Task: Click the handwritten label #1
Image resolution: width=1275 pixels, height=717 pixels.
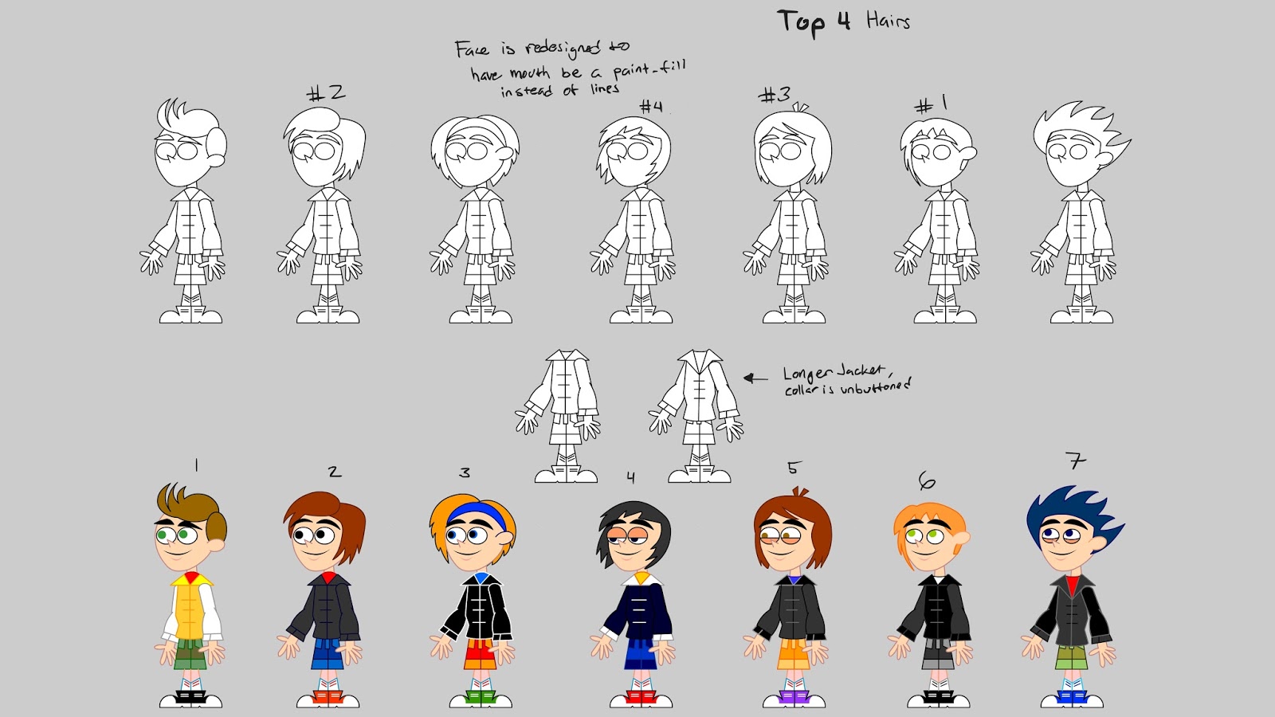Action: pyautogui.click(x=932, y=104)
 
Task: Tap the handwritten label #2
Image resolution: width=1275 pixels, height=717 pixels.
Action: pyautogui.click(x=326, y=92)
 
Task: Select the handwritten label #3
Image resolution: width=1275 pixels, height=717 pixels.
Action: pyautogui.click(x=775, y=95)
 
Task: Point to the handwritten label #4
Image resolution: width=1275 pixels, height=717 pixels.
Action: pyautogui.click(x=650, y=107)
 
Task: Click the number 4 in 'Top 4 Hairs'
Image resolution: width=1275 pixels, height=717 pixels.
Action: pyautogui.click(x=844, y=21)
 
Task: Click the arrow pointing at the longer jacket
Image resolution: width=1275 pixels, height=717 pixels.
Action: pyautogui.click(x=755, y=378)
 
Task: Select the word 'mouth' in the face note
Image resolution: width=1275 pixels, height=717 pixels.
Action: pyautogui.click(x=529, y=73)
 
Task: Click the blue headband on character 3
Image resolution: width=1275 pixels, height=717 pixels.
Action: pyautogui.click(x=477, y=513)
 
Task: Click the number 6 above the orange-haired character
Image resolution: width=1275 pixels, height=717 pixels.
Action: pyautogui.click(x=927, y=481)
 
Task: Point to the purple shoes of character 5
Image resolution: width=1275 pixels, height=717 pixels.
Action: pyautogui.click(x=794, y=697)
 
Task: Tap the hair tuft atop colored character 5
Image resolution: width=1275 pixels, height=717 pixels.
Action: pyautogui.click(x=800, y=491)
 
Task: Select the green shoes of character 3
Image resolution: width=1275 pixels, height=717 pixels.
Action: pyautogui.click(x=480, y=697)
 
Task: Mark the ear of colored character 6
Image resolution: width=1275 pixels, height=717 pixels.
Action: pyautogui.click(x=963, y=537)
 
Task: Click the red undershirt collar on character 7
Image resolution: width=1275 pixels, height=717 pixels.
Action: pyautogui.click(x=1072, y=585)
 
